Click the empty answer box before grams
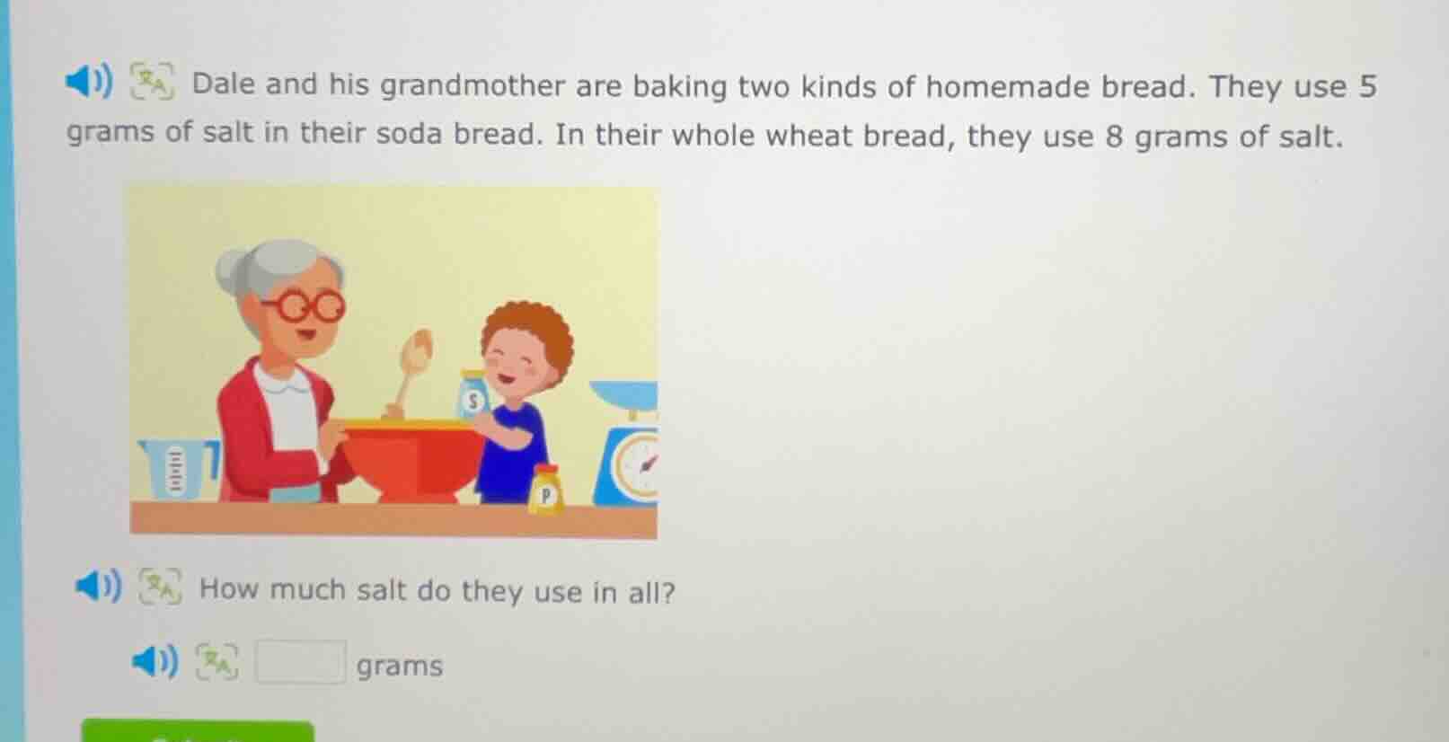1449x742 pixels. (x=300, y=662)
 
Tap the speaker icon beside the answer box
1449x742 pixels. (x=155, y=663)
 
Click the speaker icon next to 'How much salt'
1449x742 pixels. (x=98, y=587)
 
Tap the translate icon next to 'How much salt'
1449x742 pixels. (x=160, y=587)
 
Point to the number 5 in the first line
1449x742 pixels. (x=1366, y=86)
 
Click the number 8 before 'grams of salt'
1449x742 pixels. (x=1114, y=137)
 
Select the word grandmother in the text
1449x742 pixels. (x=472, y=85)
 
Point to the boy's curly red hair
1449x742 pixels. (x=529, y=329)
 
